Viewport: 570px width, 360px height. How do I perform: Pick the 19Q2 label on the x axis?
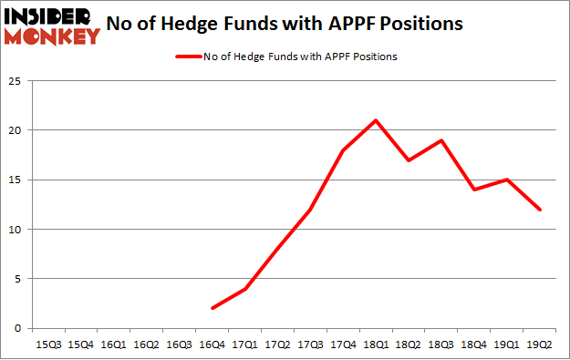(539, 344)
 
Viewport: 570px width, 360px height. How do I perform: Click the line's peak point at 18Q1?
(376, 120)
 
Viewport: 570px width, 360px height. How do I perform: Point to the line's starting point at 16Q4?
(212, 308)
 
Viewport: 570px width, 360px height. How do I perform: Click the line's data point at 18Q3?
(441, 140)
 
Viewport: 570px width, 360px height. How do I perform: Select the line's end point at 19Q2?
(539, 210)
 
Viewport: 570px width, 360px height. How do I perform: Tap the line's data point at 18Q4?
(474, 190)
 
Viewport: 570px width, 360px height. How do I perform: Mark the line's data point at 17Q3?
(311, 210)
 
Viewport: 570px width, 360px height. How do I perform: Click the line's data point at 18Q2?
(409, 160)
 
